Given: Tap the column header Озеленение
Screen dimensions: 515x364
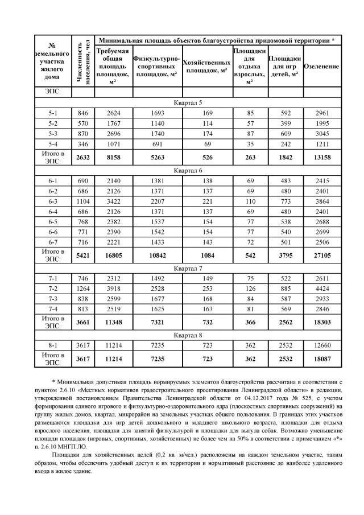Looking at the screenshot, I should (322, 67).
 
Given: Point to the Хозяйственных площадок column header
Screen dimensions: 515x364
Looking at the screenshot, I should (207, 66).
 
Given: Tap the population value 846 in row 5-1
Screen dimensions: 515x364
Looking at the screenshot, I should (82, 113).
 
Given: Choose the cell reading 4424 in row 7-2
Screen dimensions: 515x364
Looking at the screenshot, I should (322, 289).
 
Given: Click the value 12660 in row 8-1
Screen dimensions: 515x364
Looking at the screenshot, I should (322, 345).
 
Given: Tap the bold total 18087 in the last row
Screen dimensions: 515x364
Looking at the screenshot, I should (322, 359).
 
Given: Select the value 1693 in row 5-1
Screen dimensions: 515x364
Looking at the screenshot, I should (157, 113).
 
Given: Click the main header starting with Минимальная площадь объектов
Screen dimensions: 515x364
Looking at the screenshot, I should (217, 40).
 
